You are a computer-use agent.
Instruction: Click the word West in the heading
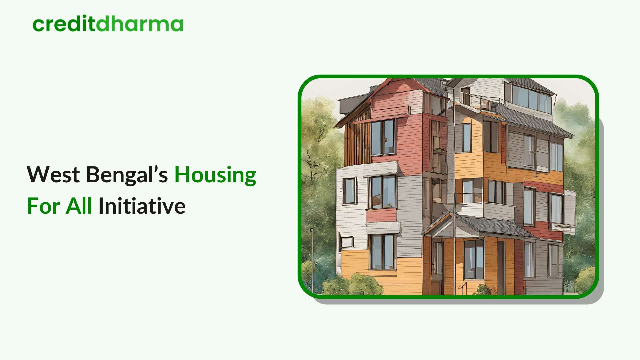[53, 175]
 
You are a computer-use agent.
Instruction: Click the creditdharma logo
[108, 24]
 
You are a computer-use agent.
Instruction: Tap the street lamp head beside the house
[312, 230]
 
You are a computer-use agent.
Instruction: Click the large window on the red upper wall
[383, 137]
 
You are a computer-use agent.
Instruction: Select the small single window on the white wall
[349, 191]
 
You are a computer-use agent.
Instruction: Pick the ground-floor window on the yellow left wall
[383, 252]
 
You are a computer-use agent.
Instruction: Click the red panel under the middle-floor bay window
[381, 215]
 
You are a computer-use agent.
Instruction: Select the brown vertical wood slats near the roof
[357, 142]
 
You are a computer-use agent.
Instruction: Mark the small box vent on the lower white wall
[347, 242]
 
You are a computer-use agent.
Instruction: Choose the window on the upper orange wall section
[463, 138]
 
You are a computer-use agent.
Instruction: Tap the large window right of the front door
[474, 259]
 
